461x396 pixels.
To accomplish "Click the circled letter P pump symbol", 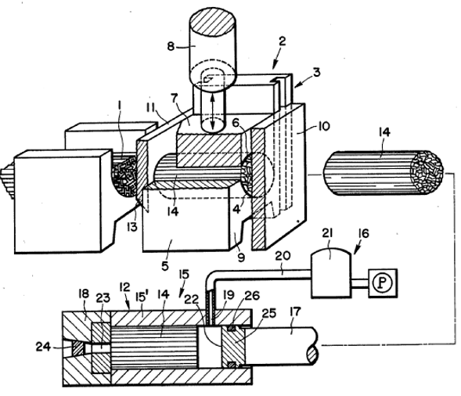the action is [383, 283].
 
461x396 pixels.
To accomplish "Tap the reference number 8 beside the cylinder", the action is [171, 46].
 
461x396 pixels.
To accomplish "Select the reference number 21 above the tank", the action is [327, 233].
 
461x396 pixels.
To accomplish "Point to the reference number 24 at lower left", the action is [43, 347].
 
